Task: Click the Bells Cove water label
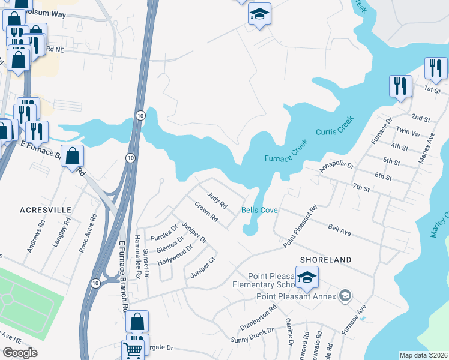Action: point(259,210)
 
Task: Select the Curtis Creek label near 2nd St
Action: point(335,131)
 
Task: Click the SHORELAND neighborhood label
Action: point(323,259)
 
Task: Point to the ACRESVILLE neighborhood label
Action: point(46,210)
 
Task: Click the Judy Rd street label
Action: point(217,200)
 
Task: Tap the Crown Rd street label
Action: point(205,214)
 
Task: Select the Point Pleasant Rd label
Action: point(300,226)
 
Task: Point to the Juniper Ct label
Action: point(202,268)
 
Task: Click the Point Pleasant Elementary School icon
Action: point(307,277)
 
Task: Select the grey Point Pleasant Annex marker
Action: point(345,295)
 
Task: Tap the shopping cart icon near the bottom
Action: point(133,349)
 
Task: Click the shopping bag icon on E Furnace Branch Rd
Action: point(72,157)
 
